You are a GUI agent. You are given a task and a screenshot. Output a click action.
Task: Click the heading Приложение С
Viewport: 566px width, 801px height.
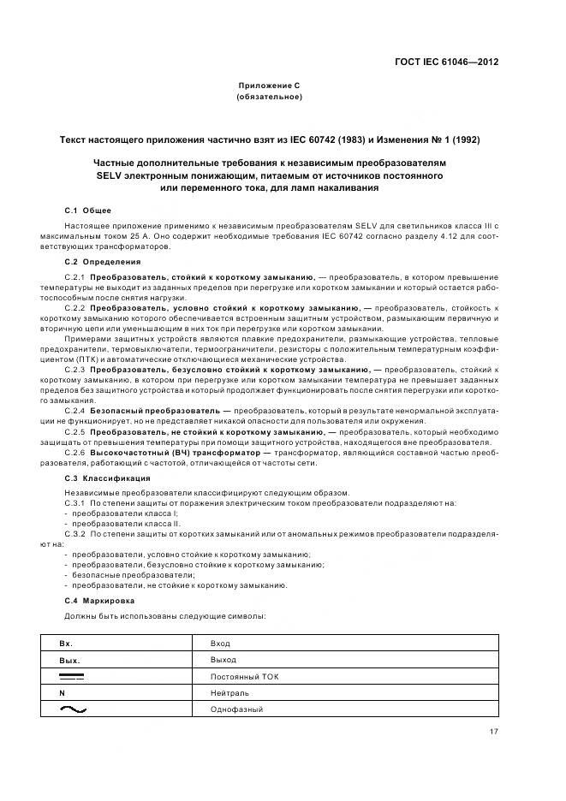[269, 86]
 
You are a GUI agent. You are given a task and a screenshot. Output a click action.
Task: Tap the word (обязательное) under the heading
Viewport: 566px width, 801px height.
[269, 97]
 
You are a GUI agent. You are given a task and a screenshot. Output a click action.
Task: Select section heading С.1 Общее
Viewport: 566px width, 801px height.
[87, 210]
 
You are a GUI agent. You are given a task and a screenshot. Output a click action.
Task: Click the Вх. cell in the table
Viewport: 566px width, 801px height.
[66, 643]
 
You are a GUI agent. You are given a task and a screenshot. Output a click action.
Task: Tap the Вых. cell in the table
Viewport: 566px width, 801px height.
[69, 660]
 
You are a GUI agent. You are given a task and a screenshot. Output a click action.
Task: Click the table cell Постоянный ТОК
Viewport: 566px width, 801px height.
[244, 676]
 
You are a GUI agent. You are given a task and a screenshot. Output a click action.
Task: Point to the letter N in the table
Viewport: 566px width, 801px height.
[62, 693]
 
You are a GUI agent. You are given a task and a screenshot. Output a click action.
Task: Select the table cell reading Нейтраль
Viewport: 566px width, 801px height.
[228, 693]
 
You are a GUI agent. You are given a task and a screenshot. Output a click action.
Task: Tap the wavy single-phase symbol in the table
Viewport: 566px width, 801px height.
[74, 709]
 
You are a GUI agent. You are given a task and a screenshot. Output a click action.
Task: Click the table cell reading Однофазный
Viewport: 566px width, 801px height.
[236, 709]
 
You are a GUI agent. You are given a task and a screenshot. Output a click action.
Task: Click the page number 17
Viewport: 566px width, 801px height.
[494, 732]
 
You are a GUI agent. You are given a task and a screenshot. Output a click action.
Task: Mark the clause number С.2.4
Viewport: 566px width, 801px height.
[75, 411]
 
